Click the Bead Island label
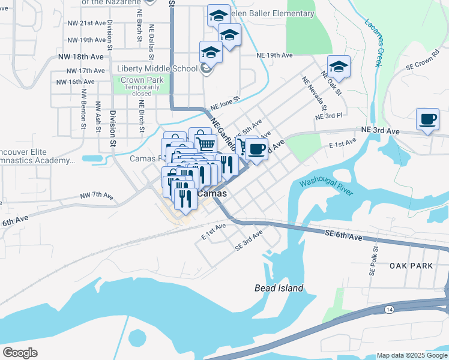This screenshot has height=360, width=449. (x=279, y=288)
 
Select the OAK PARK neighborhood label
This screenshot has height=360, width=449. (x=411, y=265)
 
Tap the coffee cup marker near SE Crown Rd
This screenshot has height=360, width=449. (x=427, y=119)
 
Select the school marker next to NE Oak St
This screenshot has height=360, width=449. (x=339, y=67)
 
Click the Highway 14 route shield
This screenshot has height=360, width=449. (x=389, y=309)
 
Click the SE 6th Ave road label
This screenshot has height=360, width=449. (x=344, y=236)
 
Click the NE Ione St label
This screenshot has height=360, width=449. (x=224, y=98)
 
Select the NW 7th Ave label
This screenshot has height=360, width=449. (x=97, y=196)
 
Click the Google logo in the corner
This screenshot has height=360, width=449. (x=20, y=353)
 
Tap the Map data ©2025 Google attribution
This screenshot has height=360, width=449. (x=412, y=355)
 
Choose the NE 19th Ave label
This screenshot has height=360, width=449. (x=274, y=55)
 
